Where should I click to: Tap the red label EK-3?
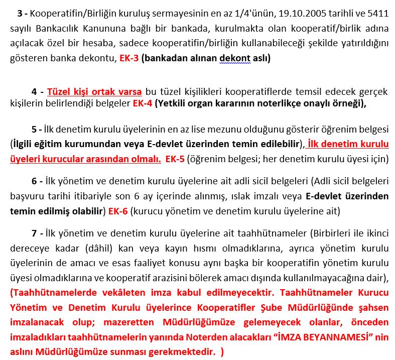coord(129,58)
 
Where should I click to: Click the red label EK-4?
coord(142,104)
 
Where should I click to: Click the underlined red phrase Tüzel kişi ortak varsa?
coord(94,92)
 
